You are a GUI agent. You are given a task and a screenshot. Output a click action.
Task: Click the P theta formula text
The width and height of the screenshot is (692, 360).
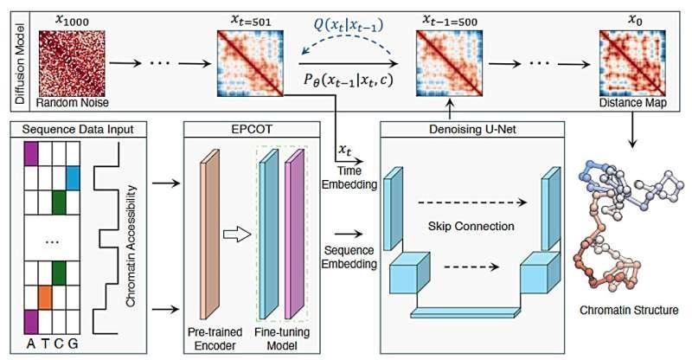pyautogui.click(x=345, y=83)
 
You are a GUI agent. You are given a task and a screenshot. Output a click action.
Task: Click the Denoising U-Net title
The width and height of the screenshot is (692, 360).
pyautogui.click(x=473, y=130)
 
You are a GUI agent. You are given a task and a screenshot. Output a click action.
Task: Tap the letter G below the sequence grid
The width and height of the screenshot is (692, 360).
pyautogui.click(x=74, y=343)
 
